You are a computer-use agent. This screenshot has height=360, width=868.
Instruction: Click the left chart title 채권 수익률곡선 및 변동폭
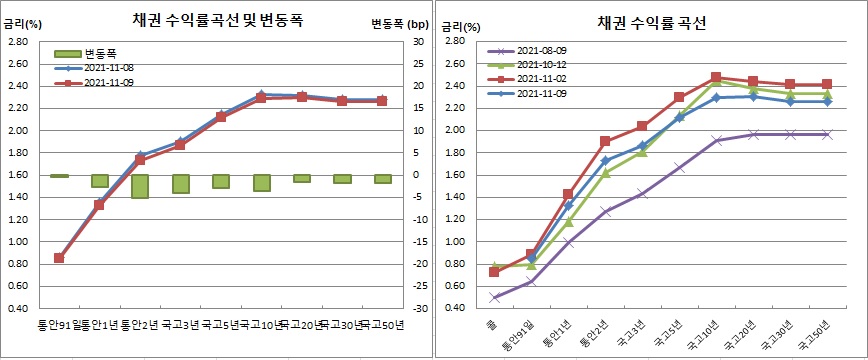coord(210,20)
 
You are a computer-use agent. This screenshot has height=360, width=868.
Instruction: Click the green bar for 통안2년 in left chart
coord(139,186)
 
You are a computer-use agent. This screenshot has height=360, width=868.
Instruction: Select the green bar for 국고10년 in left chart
coord(261,183)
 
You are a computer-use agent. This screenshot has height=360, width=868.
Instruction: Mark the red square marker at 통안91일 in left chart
coord(59,258)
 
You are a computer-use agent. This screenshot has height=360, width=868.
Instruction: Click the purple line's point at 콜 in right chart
coord(494,298)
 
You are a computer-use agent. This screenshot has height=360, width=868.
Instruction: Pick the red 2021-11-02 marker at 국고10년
coord(716,77)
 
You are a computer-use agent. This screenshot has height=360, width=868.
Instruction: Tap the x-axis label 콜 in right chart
coord(492,326)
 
